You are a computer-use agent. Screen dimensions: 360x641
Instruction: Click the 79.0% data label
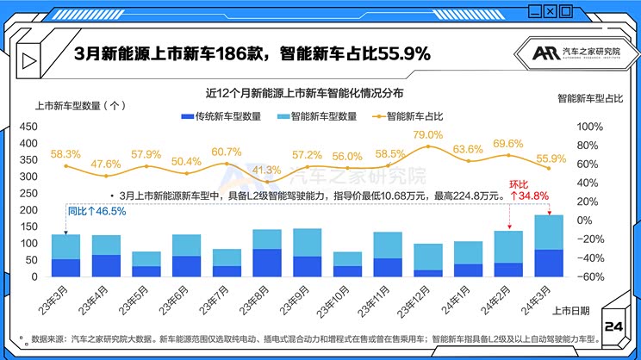[428, 135]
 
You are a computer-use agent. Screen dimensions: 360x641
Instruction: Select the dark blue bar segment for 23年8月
[266, 263]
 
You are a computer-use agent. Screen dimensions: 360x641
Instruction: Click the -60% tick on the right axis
[588, 277]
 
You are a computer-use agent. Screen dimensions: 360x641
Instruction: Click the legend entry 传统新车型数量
[218, 115]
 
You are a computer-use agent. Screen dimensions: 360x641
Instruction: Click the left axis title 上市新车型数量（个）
[80, 106]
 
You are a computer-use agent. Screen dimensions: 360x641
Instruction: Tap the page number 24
[614, 326]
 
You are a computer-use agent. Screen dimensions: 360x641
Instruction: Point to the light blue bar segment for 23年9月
[308, 242]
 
